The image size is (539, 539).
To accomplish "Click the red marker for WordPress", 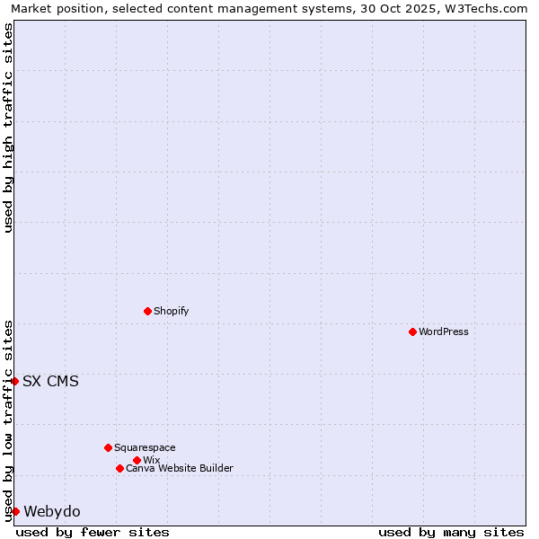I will pos(412,331).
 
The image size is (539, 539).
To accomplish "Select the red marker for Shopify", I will pos(147,311).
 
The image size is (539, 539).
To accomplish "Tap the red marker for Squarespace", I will pos(108,447).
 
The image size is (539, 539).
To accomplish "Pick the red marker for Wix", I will pos(137,460).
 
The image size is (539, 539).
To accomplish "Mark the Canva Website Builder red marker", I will pos(119,468).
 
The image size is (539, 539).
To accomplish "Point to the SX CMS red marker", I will pos(15,381).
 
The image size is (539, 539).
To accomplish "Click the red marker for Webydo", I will pos(15,511).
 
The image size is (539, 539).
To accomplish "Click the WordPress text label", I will pos(444,331).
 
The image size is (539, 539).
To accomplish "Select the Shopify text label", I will pos(171,311).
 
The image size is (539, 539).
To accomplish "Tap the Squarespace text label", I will pos(145,447).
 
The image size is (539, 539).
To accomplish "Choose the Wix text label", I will pos(151,460).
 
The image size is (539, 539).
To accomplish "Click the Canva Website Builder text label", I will pos(180,468).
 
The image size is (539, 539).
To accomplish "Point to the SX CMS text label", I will pos(50,381).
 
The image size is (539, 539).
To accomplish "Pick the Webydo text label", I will pos(52,511).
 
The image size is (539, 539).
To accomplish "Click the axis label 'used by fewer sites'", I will pos(93,532).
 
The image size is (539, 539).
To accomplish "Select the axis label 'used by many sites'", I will pos(451,532).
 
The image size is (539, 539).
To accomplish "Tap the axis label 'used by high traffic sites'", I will pos(8,128).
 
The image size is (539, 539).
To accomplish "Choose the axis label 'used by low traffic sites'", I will pos(8,420).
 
